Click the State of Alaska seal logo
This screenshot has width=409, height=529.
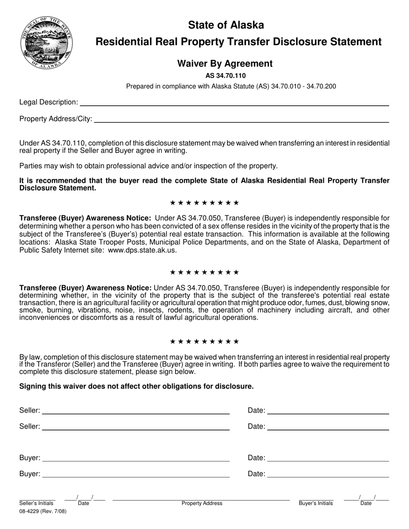pos(46,43)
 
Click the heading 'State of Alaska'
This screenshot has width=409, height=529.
pos(226,25)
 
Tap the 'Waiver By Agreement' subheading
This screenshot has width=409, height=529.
pos(225,64)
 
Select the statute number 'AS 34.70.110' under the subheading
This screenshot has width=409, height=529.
pos(226,76)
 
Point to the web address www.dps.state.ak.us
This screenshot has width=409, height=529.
pos(142,250)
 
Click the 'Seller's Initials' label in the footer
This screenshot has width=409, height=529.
pos(37,503)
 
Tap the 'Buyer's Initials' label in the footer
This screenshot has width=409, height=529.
pos(316,503)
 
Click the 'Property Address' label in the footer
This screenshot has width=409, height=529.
pos(202,503)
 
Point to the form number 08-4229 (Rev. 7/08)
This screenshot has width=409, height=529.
pos(43,512)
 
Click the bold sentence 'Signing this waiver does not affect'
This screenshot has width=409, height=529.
pos(136,386)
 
